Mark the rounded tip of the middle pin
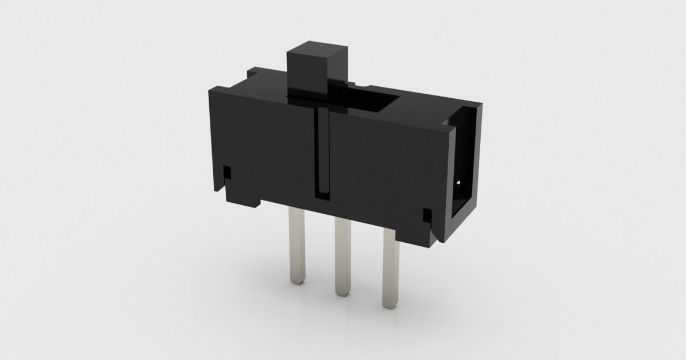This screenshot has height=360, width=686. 342,293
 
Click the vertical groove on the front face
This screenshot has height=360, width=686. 322,154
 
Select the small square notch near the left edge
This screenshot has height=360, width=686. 228,171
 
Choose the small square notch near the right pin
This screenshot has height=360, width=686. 426,215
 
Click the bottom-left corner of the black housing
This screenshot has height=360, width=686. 226,200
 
